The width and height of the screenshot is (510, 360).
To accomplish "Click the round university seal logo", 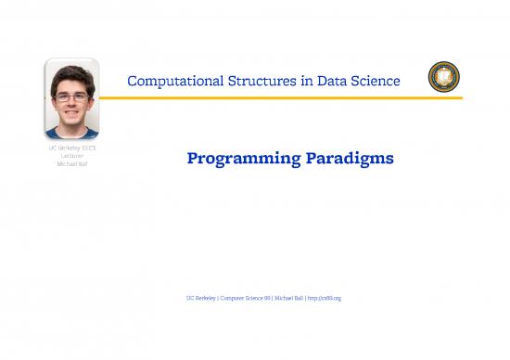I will [441, 78].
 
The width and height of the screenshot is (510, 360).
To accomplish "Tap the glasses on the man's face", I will [71, 96].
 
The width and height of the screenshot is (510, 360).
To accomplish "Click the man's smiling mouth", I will [72, 112].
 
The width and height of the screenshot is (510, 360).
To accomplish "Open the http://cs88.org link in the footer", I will [325, 298].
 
